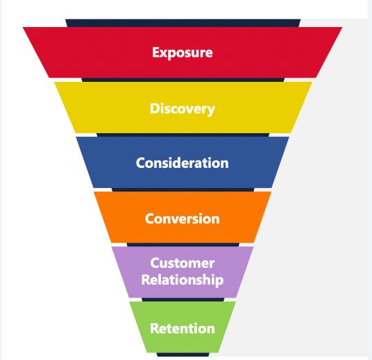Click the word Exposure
coord(183,53)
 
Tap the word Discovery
coord(183,109)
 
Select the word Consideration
coord(183,164)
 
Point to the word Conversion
coord(183,218)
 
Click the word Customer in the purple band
coord(183,264)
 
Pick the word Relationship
coord(183,280)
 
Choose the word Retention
coord(183,328)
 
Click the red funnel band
coord(83,53)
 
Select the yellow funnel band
coord(97,109)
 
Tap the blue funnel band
coord(104,164)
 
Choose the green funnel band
coord(142,328)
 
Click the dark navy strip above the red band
coord(183,23)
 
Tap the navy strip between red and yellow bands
coord(183,80)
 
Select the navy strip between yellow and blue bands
coord(183,135)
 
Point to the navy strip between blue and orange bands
coord(183,189)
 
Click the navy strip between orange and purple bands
coord(183,244)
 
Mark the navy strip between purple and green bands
coord(183,300)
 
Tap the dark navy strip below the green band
coord(183,354)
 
